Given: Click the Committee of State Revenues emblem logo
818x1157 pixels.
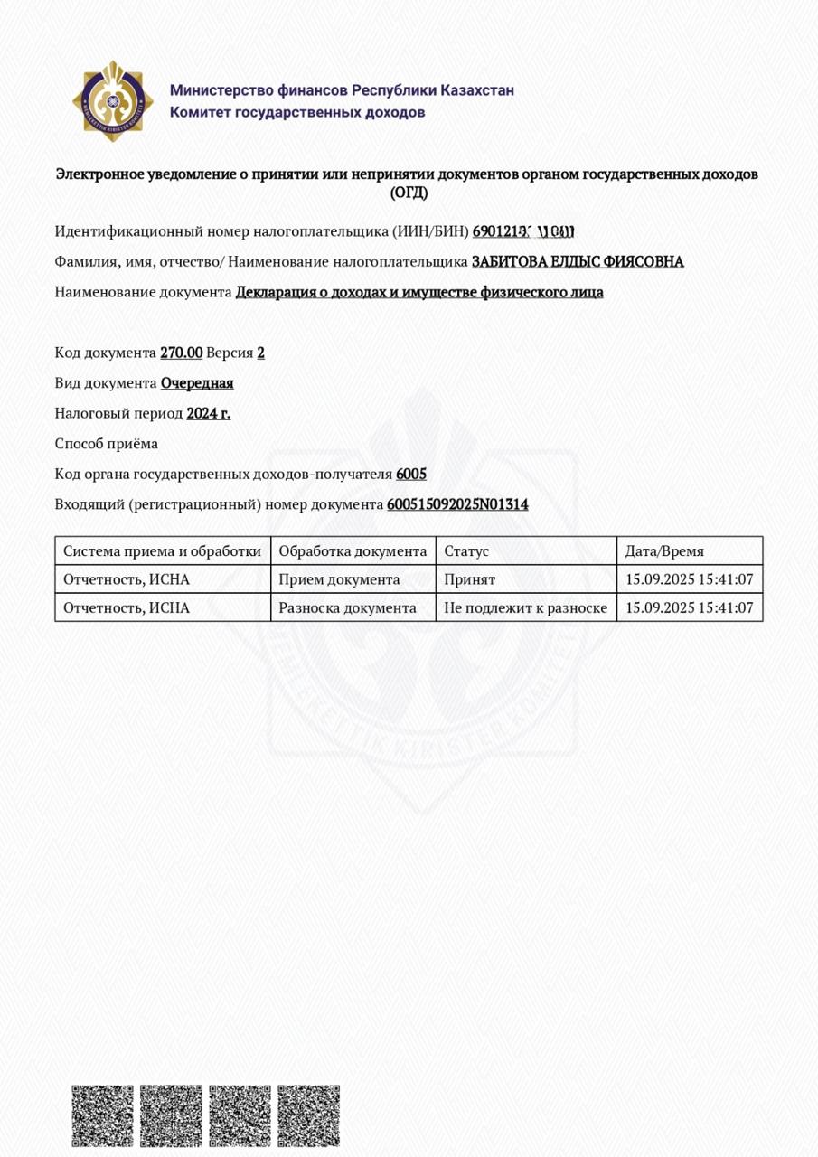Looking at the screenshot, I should pyautogui.click(x=113, y=100).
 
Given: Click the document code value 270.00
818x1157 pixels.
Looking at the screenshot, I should pyautogui.click(x=181, y=353).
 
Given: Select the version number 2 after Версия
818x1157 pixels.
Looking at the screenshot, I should pyautogui.click(x=260, y=353).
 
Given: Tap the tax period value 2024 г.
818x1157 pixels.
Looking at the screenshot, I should pyautogui.click(x=208, y=413).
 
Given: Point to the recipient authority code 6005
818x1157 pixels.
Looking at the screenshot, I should pyautogui.click(x=411, y=474).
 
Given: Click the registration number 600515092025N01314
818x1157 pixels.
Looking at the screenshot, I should pyautogui.click(x=457, y=504).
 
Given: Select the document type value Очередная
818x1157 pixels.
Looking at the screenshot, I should pyautogui.click(x=197, y=382).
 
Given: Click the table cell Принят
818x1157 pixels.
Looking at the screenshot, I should pyautogui.click(x=469, y=579).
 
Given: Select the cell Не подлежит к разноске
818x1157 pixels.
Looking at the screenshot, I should pyautogui.click(x=525, y=607).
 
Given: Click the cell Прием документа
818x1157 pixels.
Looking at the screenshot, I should pyautogui.click(x=339, y=579).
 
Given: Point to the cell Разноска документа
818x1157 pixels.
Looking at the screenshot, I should pyautogui.click(x=347, y=607).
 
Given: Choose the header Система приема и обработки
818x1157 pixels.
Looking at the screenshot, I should pyautogui.click(x=162, y=550).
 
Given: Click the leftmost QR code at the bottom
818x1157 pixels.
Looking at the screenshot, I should pyautogui.click(x=102, y=1115).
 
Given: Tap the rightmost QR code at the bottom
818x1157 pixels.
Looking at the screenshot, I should pyautogui.click(x=308, y=1115).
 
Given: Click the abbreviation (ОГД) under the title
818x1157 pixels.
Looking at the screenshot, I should pyautogui.click(x=409, y=192).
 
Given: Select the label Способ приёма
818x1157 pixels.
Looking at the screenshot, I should pyautogui.click(x=107, y=444).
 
